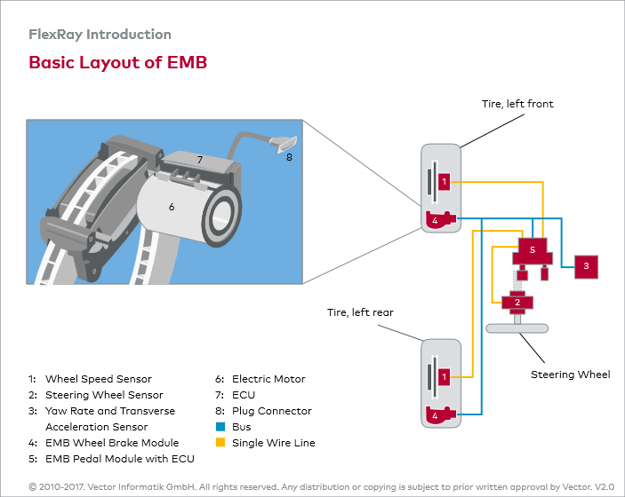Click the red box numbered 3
(x=586, y=266)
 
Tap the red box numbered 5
(x=533, y=251)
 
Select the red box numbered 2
(x=517, y=303)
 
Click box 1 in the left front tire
(x=444, y=182)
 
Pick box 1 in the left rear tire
(x=444, y=377)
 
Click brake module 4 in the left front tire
(x=440, y=219)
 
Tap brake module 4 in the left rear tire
(x=440, y=415)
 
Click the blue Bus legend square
(x=220, y=427)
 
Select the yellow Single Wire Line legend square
(x=220, y=443)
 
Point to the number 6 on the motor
(x=172, y=207)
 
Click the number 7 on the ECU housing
(x=200, y=160)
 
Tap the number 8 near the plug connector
(x=289, y=157)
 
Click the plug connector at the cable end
(x=284, y=143)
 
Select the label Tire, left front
(x=517, y=104)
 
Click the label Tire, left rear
(x=360, y=312)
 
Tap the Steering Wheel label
(x=571, y=375)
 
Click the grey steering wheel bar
(x=517, y=328)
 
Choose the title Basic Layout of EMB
(x=118, y=62)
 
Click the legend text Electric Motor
(x=268, y=379)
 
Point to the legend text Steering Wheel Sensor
(x=104, y=395)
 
